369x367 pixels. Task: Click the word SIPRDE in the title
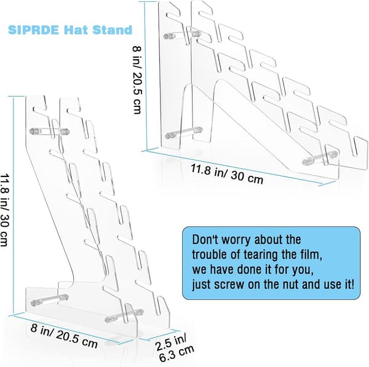pos(33,30)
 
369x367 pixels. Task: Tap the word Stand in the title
pos(112,30)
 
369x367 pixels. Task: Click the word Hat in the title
pos(75,30)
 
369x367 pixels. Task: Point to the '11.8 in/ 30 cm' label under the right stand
pos(226,174)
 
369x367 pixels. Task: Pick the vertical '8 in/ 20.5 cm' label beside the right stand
pos(137,79)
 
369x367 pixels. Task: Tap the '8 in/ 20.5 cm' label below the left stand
pos(64,336)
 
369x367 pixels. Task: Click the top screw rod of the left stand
pos(49,131)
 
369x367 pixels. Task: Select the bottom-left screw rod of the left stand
pos(50,300)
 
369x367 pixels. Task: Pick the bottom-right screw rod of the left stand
pos(124,315)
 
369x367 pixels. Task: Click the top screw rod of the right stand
pos(182,35)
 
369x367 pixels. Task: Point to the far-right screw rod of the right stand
pos(320,157)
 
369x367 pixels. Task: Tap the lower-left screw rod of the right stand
pos(184,133)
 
